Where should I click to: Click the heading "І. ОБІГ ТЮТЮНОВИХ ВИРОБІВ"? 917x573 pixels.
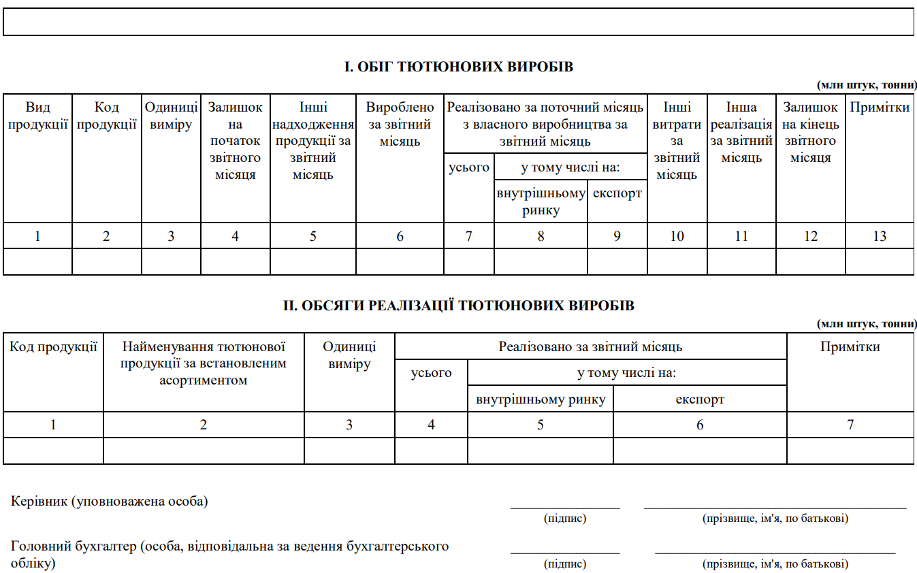458,67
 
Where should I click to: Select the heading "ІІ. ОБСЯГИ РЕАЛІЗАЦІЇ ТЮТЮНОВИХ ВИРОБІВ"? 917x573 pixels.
458,306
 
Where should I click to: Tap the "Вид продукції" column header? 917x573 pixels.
38,116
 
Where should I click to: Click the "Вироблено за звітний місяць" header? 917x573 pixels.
400,124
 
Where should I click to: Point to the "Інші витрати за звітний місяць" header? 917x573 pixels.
677,141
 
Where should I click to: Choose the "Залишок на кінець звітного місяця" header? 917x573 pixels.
810,132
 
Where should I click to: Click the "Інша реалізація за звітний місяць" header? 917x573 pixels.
741,132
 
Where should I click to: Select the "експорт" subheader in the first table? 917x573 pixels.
617,193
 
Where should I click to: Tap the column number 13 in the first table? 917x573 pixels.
880,236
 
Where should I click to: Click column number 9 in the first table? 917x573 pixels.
617,236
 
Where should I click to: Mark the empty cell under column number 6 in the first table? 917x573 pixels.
400,262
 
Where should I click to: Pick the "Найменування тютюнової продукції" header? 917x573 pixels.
204,363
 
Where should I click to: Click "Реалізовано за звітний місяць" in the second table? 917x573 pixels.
590,346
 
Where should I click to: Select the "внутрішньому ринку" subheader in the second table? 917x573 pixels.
541,399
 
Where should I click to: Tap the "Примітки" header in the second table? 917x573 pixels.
850,346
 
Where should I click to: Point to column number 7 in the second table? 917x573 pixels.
850,425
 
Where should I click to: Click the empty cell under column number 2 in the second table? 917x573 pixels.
204,451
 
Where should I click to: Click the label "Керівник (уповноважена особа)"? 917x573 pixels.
110,502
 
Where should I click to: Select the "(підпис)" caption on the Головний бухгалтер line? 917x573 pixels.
565,564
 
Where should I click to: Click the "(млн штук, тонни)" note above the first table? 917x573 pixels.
865,85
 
